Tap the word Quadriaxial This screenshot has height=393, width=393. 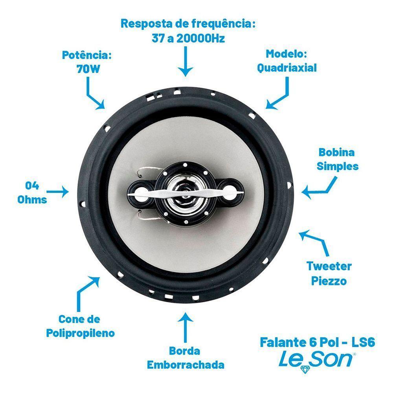[287, 68]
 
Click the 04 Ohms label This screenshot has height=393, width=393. [32, 193]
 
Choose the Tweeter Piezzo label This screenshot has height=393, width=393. [329, 273]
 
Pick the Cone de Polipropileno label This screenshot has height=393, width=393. [81, 326]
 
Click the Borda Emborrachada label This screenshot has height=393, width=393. [185, 357]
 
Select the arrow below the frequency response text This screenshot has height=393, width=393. [185, 61]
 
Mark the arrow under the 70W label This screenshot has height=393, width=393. [94, 94]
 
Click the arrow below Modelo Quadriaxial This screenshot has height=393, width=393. [280, 94]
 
